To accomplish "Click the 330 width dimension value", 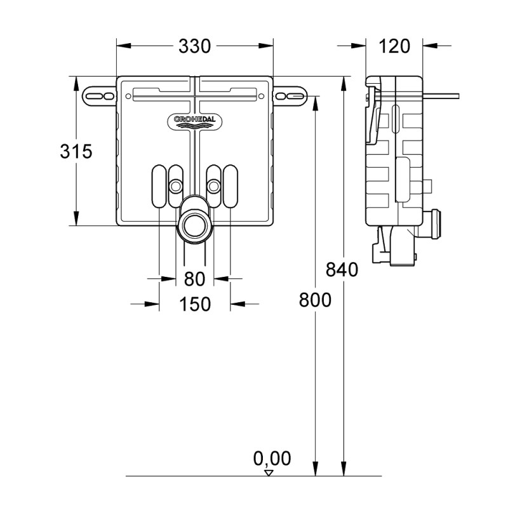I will (195, 46).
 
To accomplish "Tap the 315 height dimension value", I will (76, 152).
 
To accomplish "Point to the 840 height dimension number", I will (342, 269).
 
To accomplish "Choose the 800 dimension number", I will (315, 300).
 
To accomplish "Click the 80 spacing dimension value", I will (195, 279).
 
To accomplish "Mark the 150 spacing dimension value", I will (195, 304).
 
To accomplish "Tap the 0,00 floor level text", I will (272, 458).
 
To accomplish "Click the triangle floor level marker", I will (269, 472).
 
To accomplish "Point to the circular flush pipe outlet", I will (195, 224).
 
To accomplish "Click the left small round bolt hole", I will (175, 185).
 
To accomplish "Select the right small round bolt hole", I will (215, 185).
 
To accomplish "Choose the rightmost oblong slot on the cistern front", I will (231, 185).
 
